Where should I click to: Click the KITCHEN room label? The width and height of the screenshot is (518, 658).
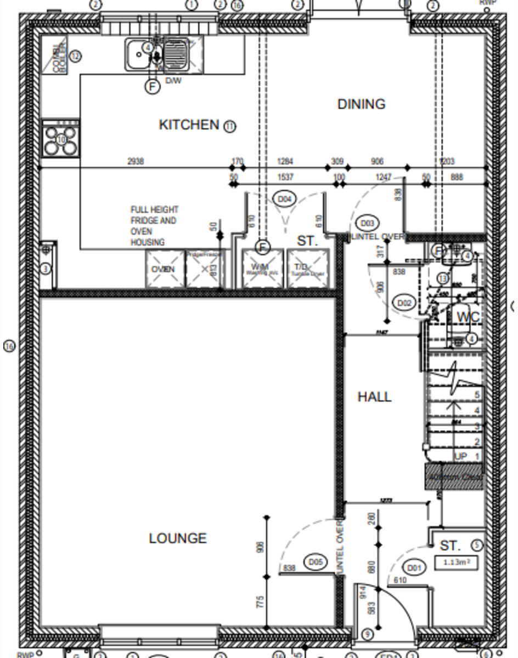189,125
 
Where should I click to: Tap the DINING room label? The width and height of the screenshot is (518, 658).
361,104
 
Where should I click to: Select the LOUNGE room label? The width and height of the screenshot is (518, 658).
178,538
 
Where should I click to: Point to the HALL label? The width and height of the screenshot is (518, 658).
374,397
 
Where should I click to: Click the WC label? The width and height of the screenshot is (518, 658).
468,317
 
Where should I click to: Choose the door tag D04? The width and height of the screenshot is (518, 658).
284,199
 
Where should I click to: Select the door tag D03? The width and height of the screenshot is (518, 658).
367,223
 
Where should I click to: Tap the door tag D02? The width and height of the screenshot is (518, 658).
404,303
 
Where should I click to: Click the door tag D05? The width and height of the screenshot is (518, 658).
316,562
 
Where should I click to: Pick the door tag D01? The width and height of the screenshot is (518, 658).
414,568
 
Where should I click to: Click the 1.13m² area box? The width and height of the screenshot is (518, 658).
455,562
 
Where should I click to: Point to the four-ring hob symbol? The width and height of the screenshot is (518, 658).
60,139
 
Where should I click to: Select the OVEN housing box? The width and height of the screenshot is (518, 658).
164,269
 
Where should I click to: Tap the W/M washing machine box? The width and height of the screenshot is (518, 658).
263,269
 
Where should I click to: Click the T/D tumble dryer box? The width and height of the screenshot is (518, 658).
308,269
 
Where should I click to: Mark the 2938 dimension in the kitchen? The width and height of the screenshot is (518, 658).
136,161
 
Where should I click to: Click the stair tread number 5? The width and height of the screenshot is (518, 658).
477,395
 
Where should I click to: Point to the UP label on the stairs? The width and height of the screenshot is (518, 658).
460,457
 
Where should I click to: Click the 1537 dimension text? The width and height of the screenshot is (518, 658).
285,177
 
